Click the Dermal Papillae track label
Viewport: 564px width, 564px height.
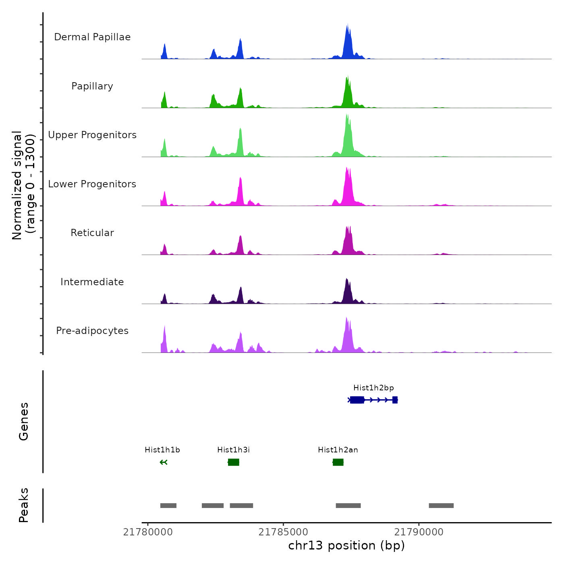(x=92, y=37)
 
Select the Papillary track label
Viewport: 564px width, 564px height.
(x=92, y=86)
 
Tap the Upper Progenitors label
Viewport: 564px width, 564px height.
(x=92, y=135)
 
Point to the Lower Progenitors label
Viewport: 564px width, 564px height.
(x=92, y=184)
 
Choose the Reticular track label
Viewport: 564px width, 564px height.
(x=92, y=233)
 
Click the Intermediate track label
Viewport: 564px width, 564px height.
(x=92, y=282)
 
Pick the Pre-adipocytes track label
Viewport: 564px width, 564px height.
(x=92, y=331)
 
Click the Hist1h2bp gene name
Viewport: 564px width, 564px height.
(x=373, y=388)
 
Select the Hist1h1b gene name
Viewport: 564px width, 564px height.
(x=162, y=450)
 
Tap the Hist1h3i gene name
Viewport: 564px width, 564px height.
(x=233, y=450)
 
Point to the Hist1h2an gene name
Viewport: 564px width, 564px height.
(x=338, y=450)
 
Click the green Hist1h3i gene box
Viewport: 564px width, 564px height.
(x=234, y=462)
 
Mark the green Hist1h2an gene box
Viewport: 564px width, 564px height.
(x=338, y=462)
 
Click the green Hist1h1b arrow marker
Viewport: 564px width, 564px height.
(x=163, y=462)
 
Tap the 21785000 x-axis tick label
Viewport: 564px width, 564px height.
(x=283, y=532)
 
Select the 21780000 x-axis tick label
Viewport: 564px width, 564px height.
(x=148, y=532)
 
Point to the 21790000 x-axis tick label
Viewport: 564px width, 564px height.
(x=419, y=532)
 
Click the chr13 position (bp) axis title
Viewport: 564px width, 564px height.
(x=346, y=545)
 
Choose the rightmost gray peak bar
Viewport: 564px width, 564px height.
(x=441, y=506)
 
